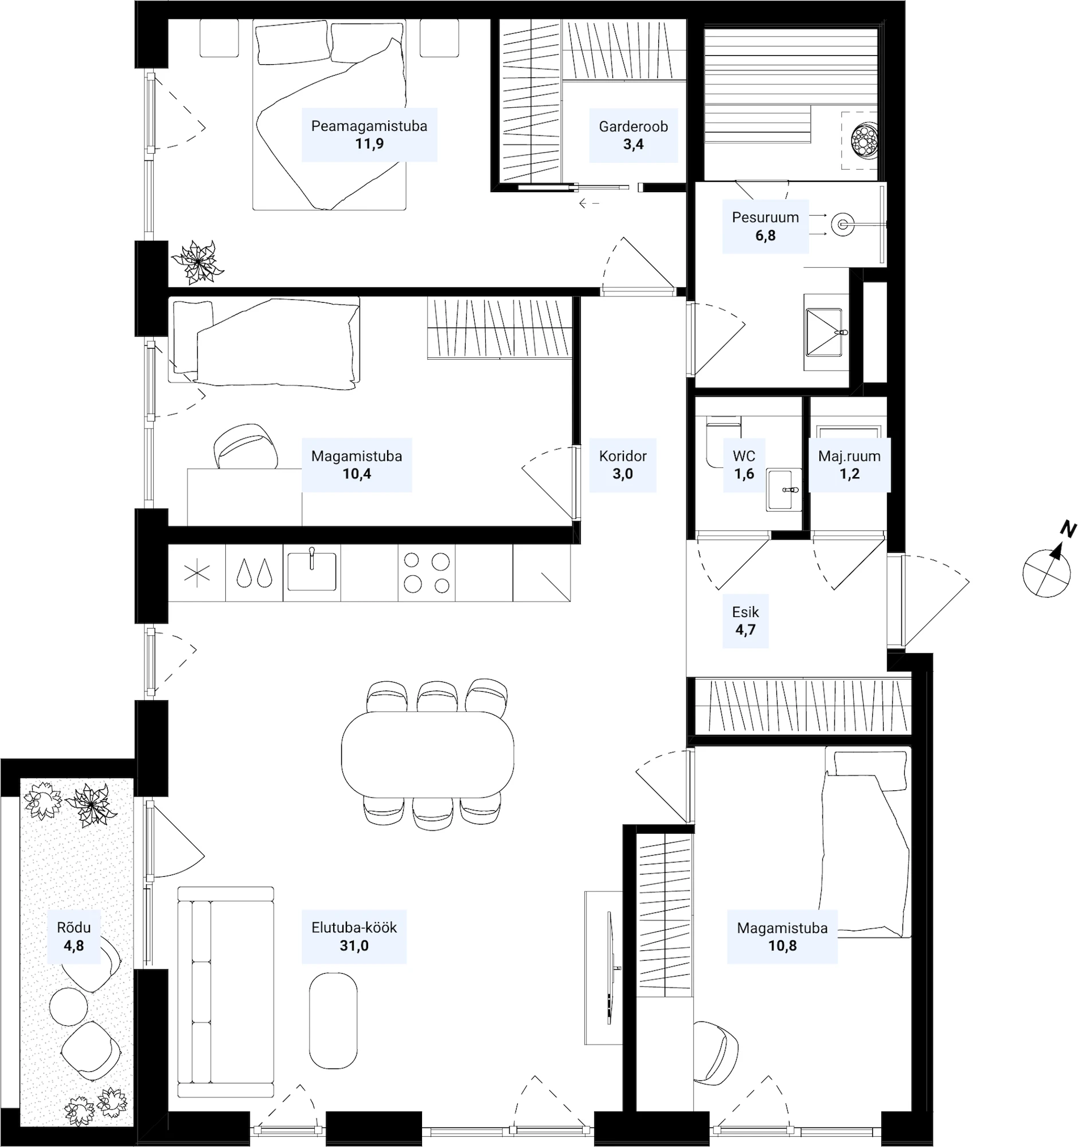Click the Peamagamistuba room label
369,126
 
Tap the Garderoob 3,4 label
633,135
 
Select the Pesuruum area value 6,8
765,235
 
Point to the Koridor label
623,456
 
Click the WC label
744,456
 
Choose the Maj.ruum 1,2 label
850,465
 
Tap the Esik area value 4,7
745,630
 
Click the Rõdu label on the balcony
74,927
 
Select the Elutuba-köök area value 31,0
354,945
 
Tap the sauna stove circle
863,139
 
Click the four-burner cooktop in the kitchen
427,573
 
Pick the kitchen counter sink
311,571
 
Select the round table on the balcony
69,1007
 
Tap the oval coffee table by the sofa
333,1021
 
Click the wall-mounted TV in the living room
611,967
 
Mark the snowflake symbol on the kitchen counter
197,573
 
